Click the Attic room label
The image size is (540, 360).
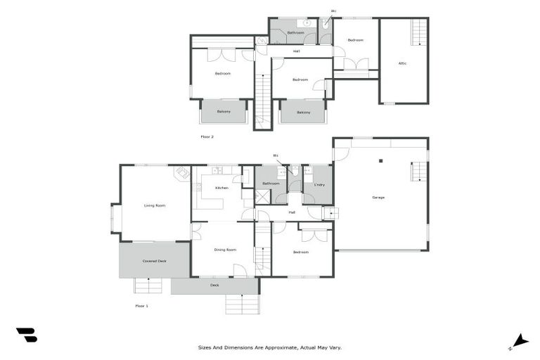click(x=402, y=63)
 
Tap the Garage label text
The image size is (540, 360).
click(x=378, y=197)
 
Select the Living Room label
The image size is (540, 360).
click(x=155, y=205)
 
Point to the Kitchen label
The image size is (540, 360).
click(x=221, y=188)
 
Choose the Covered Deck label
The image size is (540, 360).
click(x=154, y=261)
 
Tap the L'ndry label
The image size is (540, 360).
click(x=319, y=184)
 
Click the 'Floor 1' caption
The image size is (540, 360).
click(x=141, y=306)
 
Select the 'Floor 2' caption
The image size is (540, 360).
click(x=207, y=136)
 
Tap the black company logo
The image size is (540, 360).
click(x=26, y=335)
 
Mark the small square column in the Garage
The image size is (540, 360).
click(x=380, y=160)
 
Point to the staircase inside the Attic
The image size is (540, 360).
click(x=418, y=32)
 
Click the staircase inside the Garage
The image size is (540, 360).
click(x=418, y=171)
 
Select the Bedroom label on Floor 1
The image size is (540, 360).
click(x=300, y=252)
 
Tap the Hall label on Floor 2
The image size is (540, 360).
click(x=297, y=51)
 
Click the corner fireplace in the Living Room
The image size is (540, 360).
click(x=182, y=173)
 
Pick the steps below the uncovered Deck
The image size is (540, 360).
click(x=243, y=304)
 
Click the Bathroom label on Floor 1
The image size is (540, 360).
click(x=271, y=184)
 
